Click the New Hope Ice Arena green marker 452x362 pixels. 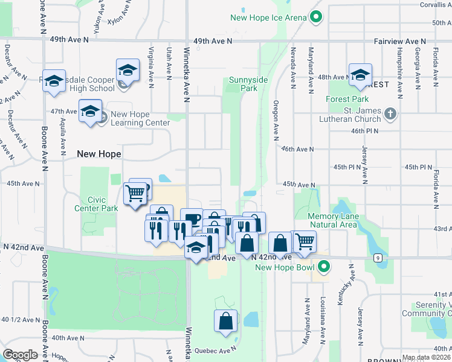click(x=315, y=17)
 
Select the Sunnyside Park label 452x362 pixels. click(x=244, y=84)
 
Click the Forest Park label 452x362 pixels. click(x=347, y=99)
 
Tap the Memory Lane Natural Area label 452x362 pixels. click(x=334, y=221)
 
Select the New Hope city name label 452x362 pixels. click(x=99, y=154)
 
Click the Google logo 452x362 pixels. click(x=20, y=354)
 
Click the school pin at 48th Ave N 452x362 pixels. click(x=360, y=75)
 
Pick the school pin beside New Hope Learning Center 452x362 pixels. click(x=90, y=112)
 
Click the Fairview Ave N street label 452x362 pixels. click(x=398, y=41)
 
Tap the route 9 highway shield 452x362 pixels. click(x=378, y=258)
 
